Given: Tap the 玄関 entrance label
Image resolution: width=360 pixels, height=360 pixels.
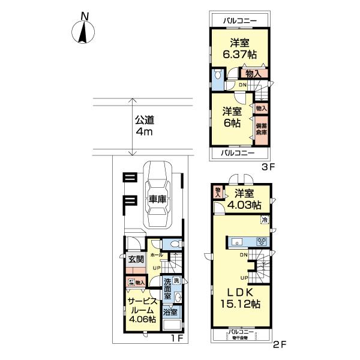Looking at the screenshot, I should [x=136, y=259].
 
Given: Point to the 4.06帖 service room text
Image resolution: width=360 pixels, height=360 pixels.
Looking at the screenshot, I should [x=142, y=319].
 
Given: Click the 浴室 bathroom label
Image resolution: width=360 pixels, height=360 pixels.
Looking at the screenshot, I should [x=170, y=312].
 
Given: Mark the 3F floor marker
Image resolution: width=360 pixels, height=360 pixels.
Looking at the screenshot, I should [x=267, y=167].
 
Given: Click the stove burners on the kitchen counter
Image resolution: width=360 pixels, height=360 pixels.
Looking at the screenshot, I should [x=262, y=242].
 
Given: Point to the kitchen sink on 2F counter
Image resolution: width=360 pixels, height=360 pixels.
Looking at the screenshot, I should [x=238, y=242].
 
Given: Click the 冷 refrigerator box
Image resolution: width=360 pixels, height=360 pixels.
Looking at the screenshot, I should [x=265, y=221].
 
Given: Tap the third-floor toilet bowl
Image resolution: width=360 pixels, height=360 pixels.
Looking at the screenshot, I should [x=217, y=75].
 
